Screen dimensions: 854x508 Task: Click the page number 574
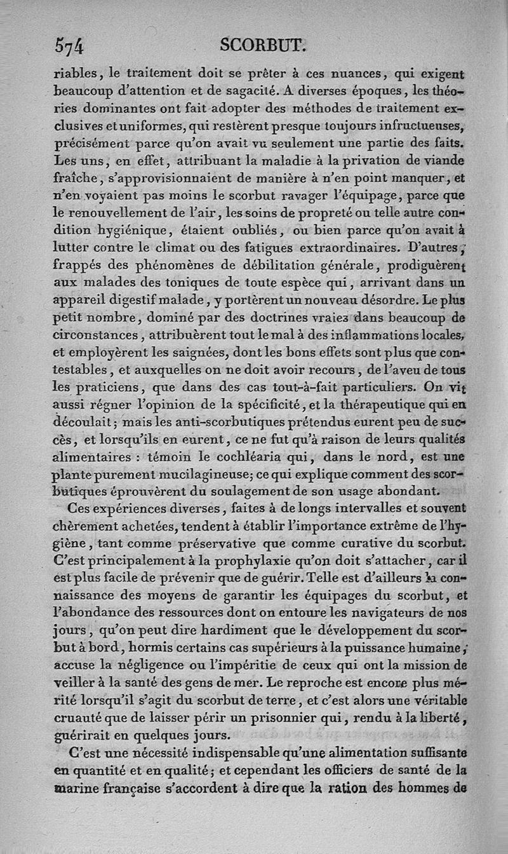pyautogui.click(x=69, y=46)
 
